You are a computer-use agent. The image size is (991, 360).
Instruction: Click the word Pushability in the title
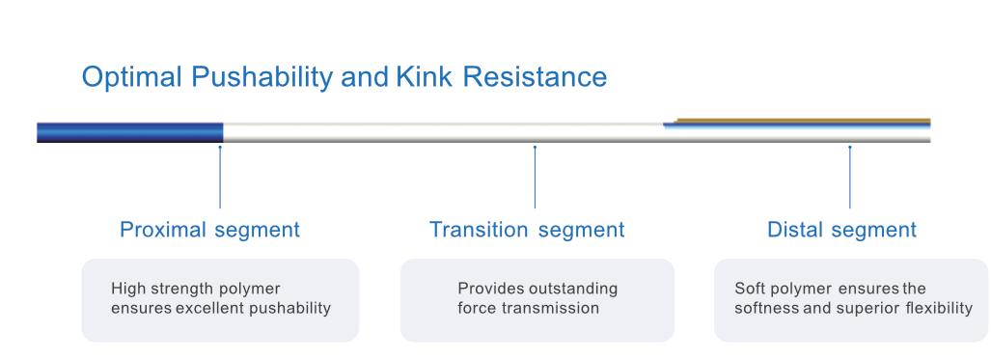tap(262, 77)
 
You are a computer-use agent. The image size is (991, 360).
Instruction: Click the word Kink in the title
tap(424, 76)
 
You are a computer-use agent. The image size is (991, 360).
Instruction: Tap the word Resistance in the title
tap(535, 76)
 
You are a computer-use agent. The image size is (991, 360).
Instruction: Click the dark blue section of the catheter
tap(130, 132)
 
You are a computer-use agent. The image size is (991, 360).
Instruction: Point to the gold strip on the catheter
tap(803, 121)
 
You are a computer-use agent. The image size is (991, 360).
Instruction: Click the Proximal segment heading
tap(209, 229)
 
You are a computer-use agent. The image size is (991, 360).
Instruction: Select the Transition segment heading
tap(527, 229)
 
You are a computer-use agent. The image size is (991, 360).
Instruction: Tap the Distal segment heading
tap(841, 229)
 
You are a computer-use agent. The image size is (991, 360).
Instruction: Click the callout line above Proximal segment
tap(220, 178)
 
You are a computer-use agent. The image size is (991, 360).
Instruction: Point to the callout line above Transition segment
tap(535, 178)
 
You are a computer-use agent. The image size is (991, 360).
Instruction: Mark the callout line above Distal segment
tap(849, 178)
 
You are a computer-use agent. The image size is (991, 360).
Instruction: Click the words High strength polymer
tap(195, 290)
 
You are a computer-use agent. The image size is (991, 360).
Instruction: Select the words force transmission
tap(529, 308)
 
